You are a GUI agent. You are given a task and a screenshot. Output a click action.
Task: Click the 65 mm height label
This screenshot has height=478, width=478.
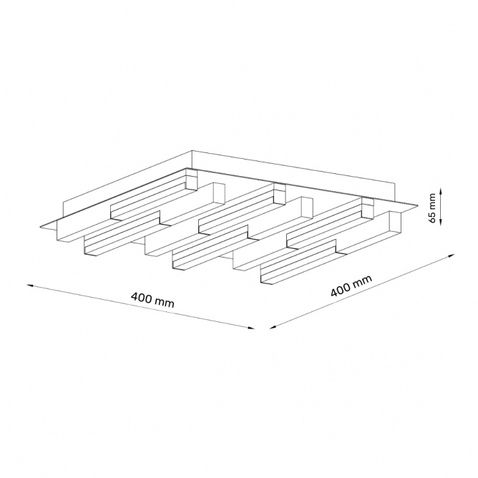click(x=432, y=208)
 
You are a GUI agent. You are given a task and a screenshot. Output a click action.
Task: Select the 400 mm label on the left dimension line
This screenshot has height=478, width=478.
click(x=152, y=300)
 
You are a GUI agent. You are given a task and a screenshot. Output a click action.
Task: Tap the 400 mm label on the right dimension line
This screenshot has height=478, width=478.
click(x=351, y=286)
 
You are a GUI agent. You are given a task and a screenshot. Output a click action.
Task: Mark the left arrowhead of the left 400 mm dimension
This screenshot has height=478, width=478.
click(x=30, y=286)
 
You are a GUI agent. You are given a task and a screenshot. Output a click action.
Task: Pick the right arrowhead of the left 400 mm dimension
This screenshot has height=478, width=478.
click(x=251, y=328)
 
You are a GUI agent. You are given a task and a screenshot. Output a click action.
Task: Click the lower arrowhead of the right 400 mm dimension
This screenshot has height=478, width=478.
click(x=273, y=328)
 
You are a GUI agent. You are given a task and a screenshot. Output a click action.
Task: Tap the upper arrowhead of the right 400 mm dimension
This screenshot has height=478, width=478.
click(x=452, y=255)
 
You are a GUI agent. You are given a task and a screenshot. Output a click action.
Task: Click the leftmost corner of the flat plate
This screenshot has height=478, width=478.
click(x=41, y=227)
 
